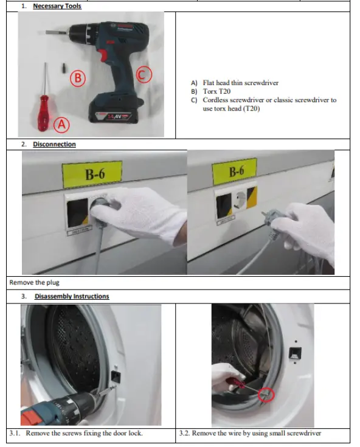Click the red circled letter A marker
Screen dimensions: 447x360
pos(61,125)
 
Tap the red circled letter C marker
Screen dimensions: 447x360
pos(143,74)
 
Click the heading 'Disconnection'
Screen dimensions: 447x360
pos(54,144)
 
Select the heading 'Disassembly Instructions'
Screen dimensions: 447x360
pos(71,296)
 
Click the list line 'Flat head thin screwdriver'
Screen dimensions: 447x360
pos(240,83)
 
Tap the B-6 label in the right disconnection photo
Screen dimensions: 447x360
pos(237,172)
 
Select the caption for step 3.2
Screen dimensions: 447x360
pos(249,433)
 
